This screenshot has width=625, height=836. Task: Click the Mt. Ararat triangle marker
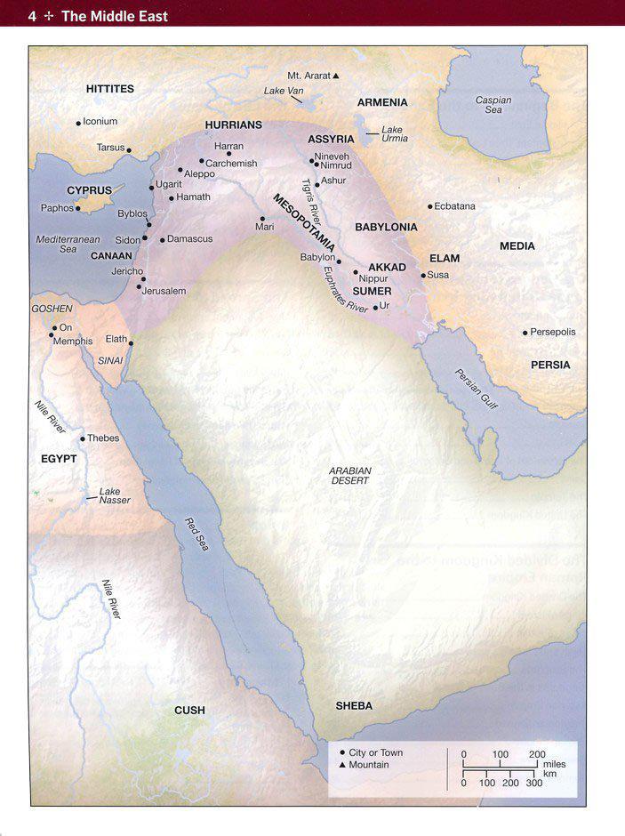336,76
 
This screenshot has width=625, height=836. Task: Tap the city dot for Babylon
339,262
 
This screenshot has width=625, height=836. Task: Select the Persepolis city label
553,332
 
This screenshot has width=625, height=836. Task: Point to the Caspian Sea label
493,105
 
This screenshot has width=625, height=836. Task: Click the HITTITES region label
110,89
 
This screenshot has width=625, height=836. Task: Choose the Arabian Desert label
349,475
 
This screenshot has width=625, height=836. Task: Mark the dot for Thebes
83,438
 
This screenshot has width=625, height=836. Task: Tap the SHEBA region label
354,706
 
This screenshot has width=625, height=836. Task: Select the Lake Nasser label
115,495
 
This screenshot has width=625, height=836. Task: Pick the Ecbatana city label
454,206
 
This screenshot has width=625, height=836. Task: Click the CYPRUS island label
90,190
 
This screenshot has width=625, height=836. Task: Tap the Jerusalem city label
164,291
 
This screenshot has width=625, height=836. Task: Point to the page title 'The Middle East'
114,16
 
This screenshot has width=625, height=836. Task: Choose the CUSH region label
189,710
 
